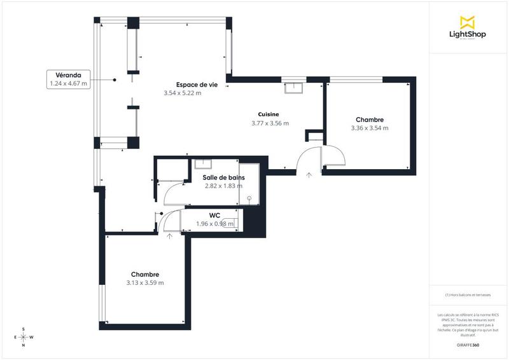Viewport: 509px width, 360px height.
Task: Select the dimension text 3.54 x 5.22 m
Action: (183, 93)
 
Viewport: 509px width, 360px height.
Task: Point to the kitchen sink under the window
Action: (294, 87)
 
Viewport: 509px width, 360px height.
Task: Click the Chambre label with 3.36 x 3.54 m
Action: (369, 120)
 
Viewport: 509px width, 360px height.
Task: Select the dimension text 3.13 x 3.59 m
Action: (145, 283)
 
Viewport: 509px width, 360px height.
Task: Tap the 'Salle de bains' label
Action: (223, 178)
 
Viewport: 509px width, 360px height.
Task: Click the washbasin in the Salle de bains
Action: (204, 163)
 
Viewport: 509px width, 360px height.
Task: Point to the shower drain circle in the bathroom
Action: (249, 198)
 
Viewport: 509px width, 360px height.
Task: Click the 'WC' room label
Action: (214, 215)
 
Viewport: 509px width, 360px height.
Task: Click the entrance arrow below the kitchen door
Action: (309, 174)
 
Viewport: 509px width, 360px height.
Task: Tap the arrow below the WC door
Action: (169, 236)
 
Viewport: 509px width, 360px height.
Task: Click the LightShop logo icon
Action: (468, 22)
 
